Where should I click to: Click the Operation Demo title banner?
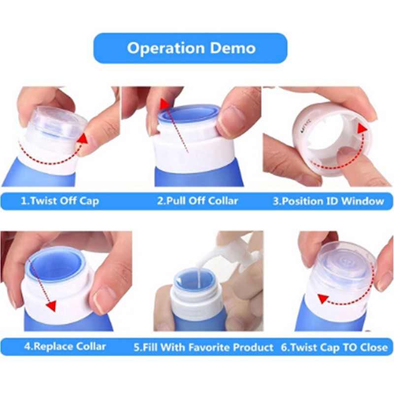coord(190,48)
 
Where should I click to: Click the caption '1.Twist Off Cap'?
coord(60,201)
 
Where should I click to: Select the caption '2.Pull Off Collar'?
coord(197,201)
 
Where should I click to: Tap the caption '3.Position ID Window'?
coord(328,201)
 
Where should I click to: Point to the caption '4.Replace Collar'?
coord(65,346)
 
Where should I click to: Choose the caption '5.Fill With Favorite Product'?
coord(203,347)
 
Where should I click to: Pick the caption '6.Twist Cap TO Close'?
coord(334,347)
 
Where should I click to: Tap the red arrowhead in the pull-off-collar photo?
coord(164,103)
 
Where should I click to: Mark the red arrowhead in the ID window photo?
coord(362,129)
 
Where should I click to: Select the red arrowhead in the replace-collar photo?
coord(51,306)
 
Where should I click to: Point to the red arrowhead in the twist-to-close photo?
coord(323,298)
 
